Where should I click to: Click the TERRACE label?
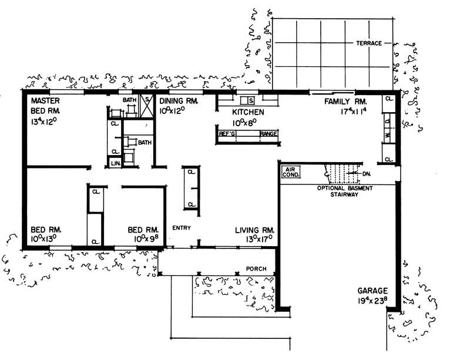(x=368, y=43)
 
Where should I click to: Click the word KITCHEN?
(x=248, y=112)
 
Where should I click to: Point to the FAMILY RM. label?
(x=346, y=101)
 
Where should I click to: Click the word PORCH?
(x=256, y=270)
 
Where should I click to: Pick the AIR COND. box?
(x=292, y=171)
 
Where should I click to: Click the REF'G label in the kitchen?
(x=227, y=134)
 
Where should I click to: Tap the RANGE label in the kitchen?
(x=268, y=134)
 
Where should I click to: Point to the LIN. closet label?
(x=115, y=162)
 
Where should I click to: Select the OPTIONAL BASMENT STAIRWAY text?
(x=338, y=191)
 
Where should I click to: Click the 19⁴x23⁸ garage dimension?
(x=374, y=301)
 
